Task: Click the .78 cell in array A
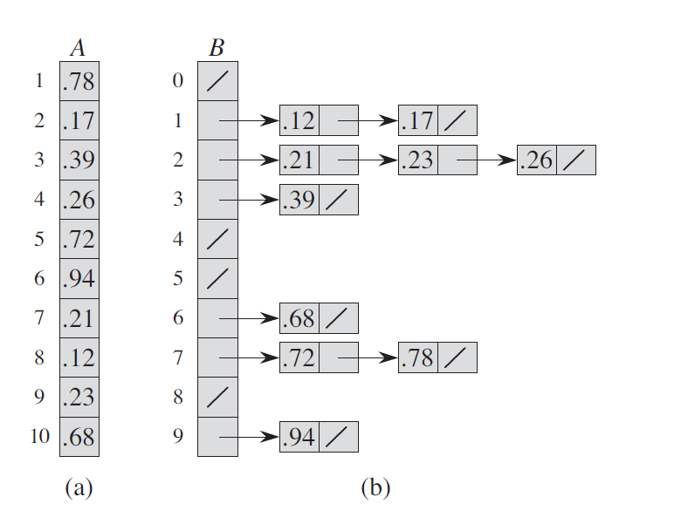click(79, 82)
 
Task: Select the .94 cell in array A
click(79, 278)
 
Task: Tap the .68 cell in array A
click(79, 436)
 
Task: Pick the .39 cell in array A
click(79, 160)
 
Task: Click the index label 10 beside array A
click(39, 436)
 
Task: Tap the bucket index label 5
click(178, 279)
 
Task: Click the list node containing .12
click(319, 120)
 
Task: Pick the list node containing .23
click(437, 160)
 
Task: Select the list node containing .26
click(556, 160)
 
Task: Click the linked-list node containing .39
click(319, 200)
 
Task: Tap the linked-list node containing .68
click(319, 318)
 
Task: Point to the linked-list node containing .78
click(437, 357)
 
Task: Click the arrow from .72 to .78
click(367, 357)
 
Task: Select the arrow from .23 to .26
click(485, 160)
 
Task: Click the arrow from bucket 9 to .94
click(249, 436)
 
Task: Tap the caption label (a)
click(79, 488)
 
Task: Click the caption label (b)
click(375, 488)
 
